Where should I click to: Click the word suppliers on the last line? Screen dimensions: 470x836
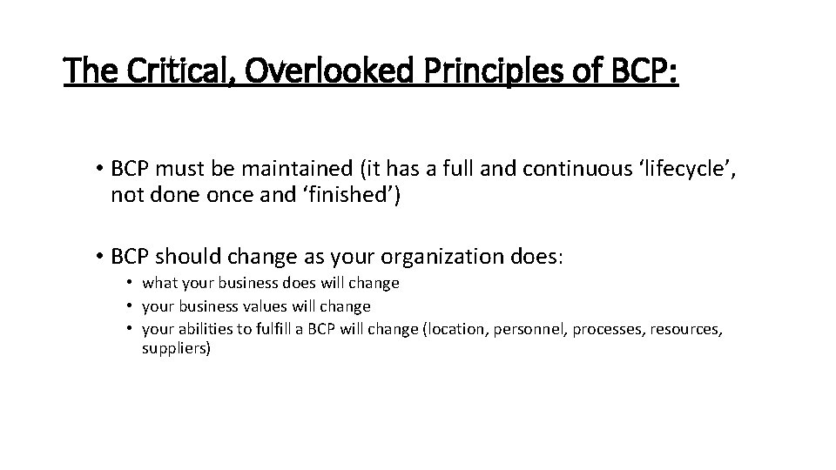click(176, 348)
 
